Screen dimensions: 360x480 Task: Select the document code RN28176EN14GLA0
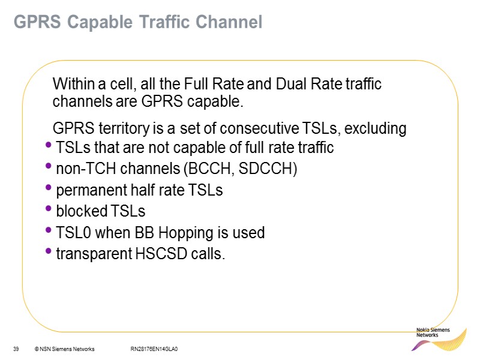(155, 349)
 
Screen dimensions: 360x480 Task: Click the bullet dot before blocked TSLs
(49, 209)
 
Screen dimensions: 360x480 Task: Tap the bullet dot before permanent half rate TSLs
(49, 188)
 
